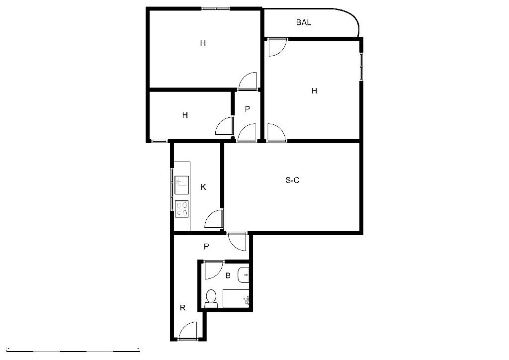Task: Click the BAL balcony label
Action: click(x=304, y=22)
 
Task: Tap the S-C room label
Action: click(x=292, y=180)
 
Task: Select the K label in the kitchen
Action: click(x=203, y=187)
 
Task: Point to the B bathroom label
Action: click(x=228, y=275)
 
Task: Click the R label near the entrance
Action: click(x=183, y=307)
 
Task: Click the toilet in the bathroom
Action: click(x=211, y=298)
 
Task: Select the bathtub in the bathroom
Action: click(x=236, y=299)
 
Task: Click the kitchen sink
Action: click(x=182, y=185)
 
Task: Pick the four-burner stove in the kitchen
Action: click(x=182, y=209)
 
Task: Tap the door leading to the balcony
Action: click(x=277, y=47)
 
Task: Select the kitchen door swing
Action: click(x=214, y=219)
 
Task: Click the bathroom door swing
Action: click(x=213, y=270)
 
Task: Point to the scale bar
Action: click(x=74, y=351)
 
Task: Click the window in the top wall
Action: click(x=216, y=8)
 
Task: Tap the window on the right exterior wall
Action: click(x=361, y=65)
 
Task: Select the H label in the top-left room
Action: click(x=203, y=43)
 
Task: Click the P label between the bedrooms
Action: click(x=248, y=109)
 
